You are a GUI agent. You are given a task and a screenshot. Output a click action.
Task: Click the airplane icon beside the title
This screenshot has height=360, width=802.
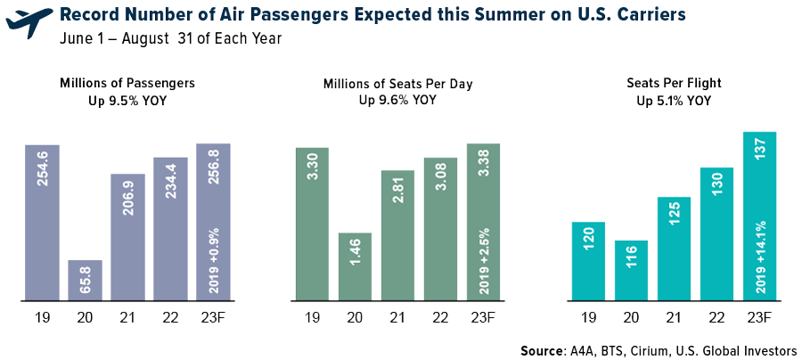coord(29,24)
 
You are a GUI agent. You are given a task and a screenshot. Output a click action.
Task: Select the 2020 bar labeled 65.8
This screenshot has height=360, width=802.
coord(86,280)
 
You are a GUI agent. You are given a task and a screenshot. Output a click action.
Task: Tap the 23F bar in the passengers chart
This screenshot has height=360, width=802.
coord(213,222)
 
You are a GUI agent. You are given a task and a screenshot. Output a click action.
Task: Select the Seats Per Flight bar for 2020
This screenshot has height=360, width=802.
coord(631,270)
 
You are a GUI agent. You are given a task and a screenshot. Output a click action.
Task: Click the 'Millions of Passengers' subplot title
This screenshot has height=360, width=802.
coord(127,83)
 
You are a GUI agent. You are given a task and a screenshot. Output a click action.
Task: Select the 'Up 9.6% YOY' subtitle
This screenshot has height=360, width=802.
coord(397,100)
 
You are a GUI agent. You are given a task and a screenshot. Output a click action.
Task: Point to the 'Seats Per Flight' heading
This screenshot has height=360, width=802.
coord(673,83)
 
